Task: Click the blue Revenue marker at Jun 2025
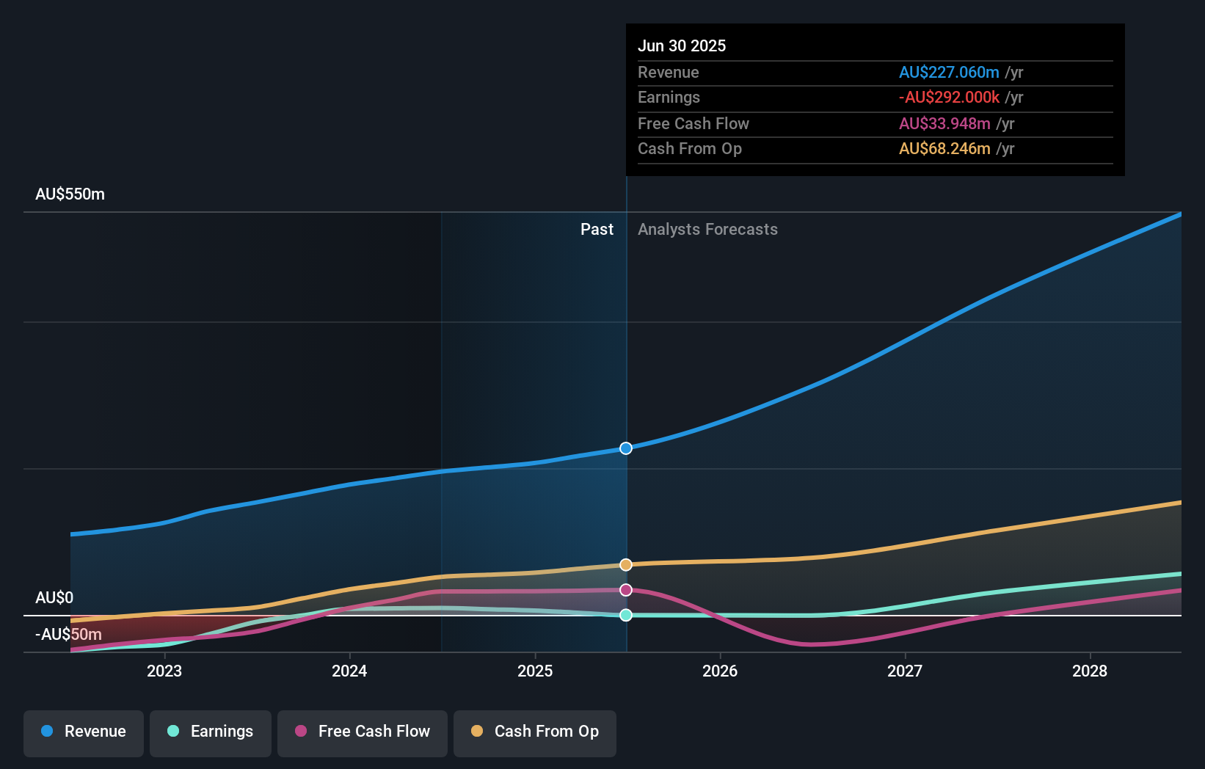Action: click(x=626, y=448)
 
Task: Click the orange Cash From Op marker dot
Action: click(x=626, y=565)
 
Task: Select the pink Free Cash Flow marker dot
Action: click(x=626, y=590)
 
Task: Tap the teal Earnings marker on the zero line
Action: click(x=626, y=615)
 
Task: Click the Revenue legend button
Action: click(x=84, y=732)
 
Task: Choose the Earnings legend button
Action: click(x=211, y=732)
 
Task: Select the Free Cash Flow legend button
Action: click(x=363, y=732)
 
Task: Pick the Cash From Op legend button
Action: click(x=535, y=732)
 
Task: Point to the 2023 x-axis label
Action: click(x=164, y=671)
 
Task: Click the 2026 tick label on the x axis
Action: click(x=720, y=671)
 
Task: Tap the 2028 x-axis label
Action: click(x=1090, y=671)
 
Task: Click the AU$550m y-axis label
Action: click(x=70, y=194)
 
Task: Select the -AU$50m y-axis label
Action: click(x=69, y=634)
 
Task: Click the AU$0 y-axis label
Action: click(x=54, y=597)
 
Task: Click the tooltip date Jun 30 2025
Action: click(x=682, y=45)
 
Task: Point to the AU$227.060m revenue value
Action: click(x=949, y=72)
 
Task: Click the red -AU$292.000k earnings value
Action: click(x=949, y=98)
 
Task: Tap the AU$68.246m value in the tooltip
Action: click(x=944, y=149)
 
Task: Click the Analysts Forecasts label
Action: click(x=707, y=230)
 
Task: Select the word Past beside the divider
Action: click(x=597, y=230)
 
